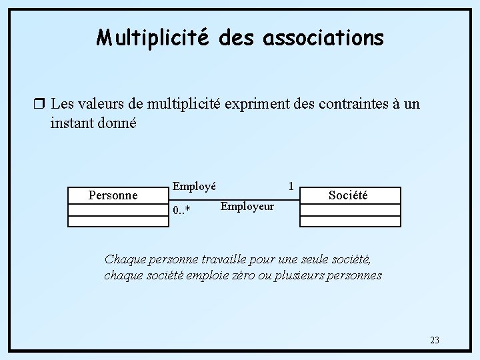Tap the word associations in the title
tap(323, 38)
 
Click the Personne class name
tap(113, 195)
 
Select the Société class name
tap(348, 195)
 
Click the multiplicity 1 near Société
tap(291, 185)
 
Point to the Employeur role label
tap(247, 206)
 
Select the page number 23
tap(435, 340)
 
